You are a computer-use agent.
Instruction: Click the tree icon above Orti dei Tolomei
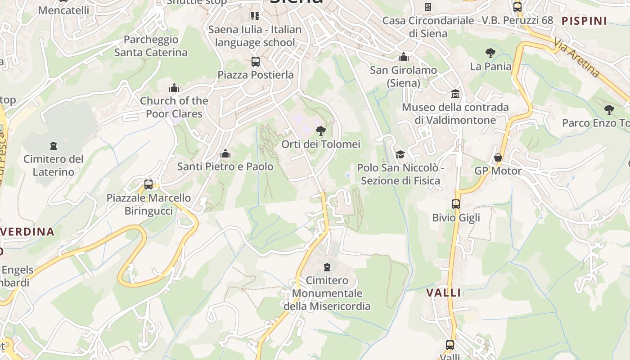(x=320, y=131)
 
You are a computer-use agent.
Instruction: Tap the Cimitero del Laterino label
(x=54, y=165)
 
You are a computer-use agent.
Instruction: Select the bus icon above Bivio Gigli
(x=456, y=204)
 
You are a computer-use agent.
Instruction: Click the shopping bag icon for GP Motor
(x=498, y=157)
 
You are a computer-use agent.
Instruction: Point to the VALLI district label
(x=444, y=292)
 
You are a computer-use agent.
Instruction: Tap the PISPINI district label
(x=585, y=21)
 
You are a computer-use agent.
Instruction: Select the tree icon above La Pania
(x=490, y=53)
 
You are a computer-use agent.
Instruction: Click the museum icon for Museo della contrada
(x=455, y=94)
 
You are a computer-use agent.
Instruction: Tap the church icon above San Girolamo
(x=404, y=57)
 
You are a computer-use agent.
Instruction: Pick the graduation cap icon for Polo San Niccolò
(x=400, y=154)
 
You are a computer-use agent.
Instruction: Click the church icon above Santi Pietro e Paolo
(x=225, y=153)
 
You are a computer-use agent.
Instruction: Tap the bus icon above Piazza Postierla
(x=255, y=61)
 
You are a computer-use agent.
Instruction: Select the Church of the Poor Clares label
(x=174, y=107)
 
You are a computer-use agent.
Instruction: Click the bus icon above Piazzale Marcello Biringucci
(x=148, y=184)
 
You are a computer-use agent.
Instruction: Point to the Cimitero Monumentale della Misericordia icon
(x=327, y=267)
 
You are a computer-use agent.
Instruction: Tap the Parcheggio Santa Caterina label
(x=151, y=46)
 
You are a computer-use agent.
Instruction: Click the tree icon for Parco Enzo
(x=609, y=109)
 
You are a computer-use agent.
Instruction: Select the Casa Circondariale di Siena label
(x=428, y=27)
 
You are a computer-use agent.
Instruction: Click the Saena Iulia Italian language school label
(x=255, y=36)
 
